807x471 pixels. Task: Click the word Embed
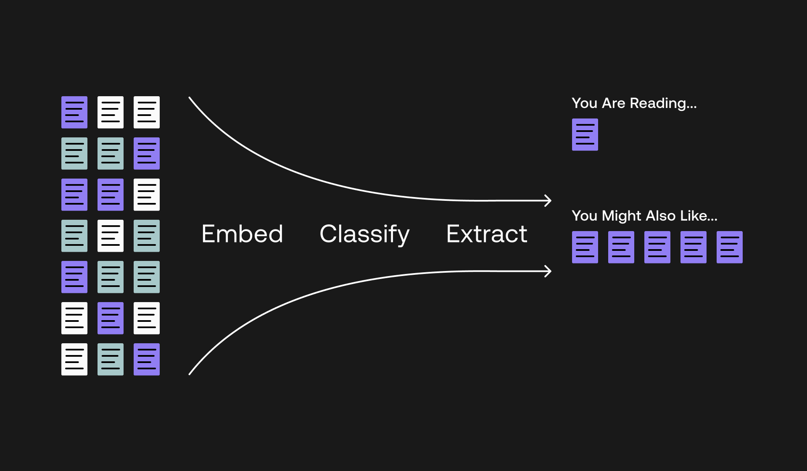[242, 234]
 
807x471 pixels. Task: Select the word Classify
[364, 234]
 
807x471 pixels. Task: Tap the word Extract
[487, 234]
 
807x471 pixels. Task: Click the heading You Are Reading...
[634, 103]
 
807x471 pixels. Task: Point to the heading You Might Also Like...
[644, 216]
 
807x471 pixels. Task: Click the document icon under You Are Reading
[585, 134]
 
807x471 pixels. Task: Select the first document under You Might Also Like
[585, 247]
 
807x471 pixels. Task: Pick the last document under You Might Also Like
[729, 247]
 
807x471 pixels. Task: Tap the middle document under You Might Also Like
[657, 247]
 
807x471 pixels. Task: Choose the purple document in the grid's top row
[74, 112]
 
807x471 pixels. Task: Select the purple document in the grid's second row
[146, 153]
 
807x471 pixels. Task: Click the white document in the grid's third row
[146, 195]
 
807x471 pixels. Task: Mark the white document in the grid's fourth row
[111, 236]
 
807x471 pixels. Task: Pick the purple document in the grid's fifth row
[74, 277]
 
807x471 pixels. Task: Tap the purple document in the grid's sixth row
[111, 318]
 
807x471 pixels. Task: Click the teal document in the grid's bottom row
[111, 359]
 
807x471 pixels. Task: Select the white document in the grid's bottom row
[74, 359]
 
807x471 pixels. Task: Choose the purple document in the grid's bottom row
[146, 359]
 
